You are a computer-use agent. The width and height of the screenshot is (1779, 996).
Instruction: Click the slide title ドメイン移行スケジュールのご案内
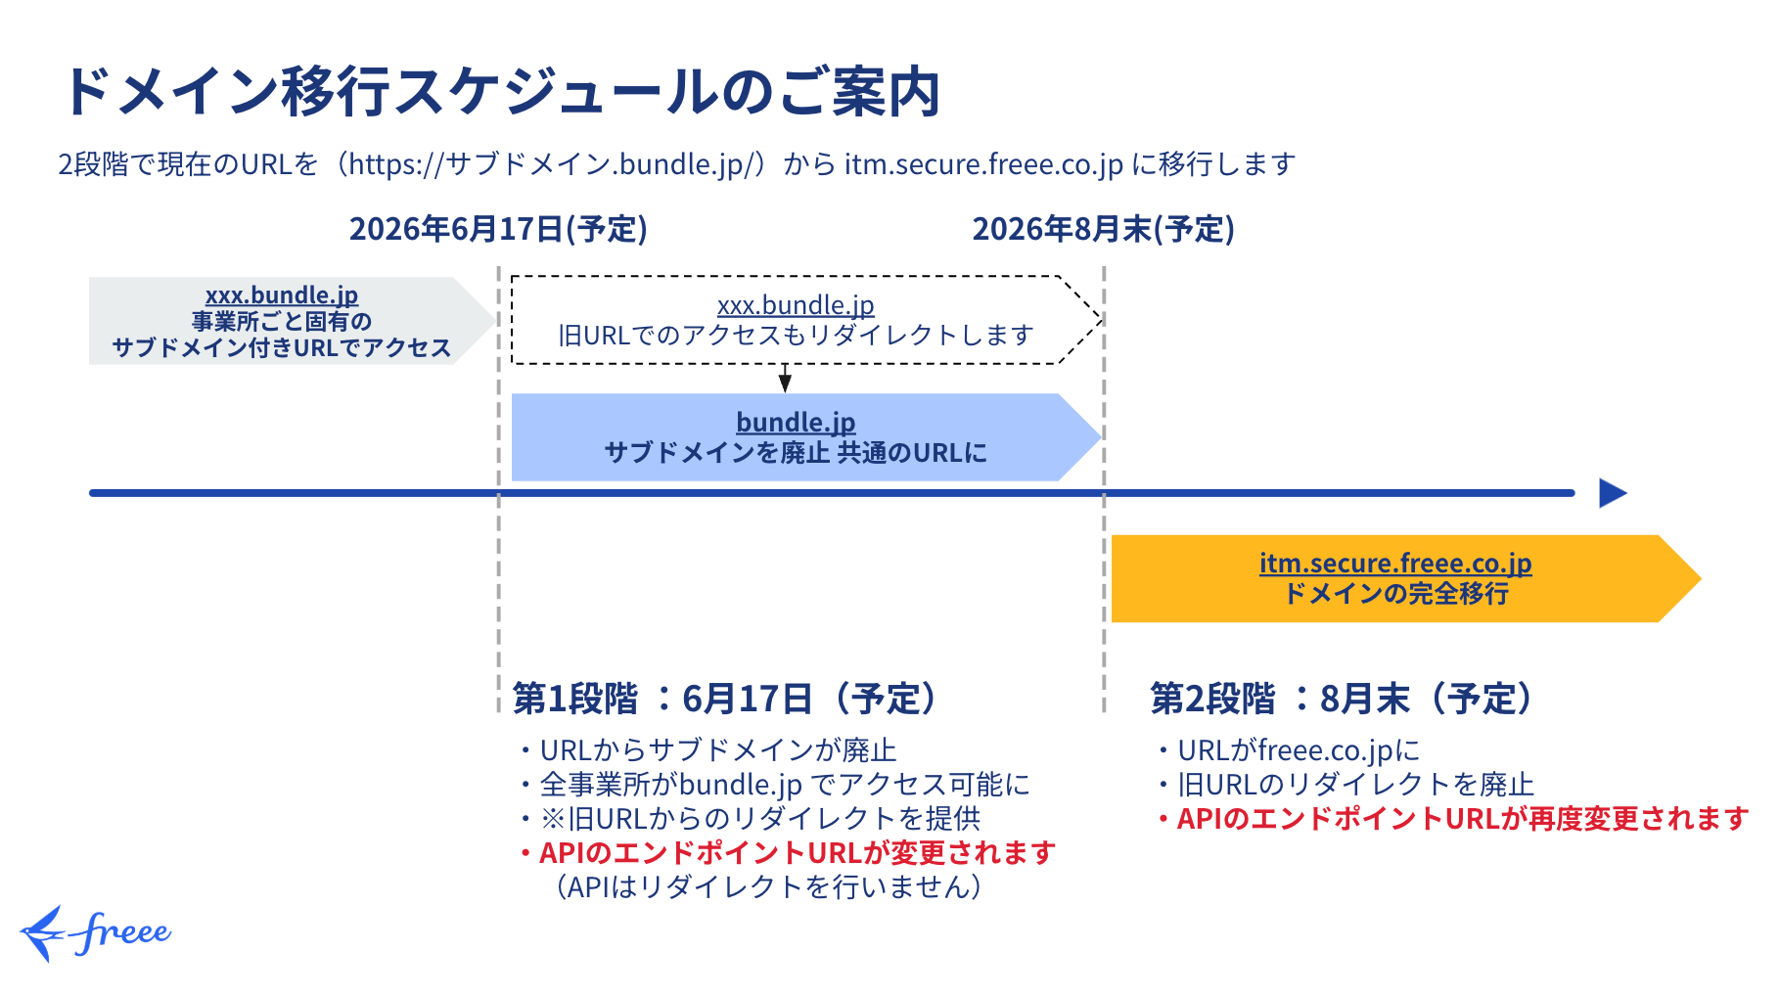502,92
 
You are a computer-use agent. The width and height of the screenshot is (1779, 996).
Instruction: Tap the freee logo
96,932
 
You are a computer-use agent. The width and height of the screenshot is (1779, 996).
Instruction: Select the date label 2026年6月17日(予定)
498,229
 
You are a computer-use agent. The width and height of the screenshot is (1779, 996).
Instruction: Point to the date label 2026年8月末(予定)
1103,229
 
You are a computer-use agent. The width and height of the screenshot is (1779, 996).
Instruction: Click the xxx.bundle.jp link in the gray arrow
282,294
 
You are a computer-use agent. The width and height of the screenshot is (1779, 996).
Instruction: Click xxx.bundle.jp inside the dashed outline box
796,305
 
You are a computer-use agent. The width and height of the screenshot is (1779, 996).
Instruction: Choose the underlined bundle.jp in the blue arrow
796,422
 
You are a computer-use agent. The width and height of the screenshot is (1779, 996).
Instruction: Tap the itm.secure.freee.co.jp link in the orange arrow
1395,563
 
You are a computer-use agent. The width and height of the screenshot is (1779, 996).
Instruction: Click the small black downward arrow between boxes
785,378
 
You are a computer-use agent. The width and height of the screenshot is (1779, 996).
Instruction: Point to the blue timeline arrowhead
1613,493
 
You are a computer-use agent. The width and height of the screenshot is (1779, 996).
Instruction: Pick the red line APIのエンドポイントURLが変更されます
788,853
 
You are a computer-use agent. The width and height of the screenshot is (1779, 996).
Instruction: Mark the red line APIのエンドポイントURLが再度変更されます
1453,819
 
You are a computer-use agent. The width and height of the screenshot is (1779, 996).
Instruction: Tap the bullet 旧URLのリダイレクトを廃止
1346,785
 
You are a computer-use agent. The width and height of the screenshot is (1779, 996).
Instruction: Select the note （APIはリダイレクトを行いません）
769,887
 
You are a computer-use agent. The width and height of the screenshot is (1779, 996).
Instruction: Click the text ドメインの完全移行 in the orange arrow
1395,593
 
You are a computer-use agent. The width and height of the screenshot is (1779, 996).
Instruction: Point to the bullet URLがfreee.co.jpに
1288,750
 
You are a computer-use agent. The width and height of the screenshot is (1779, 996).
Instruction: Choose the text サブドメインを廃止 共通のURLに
796,452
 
